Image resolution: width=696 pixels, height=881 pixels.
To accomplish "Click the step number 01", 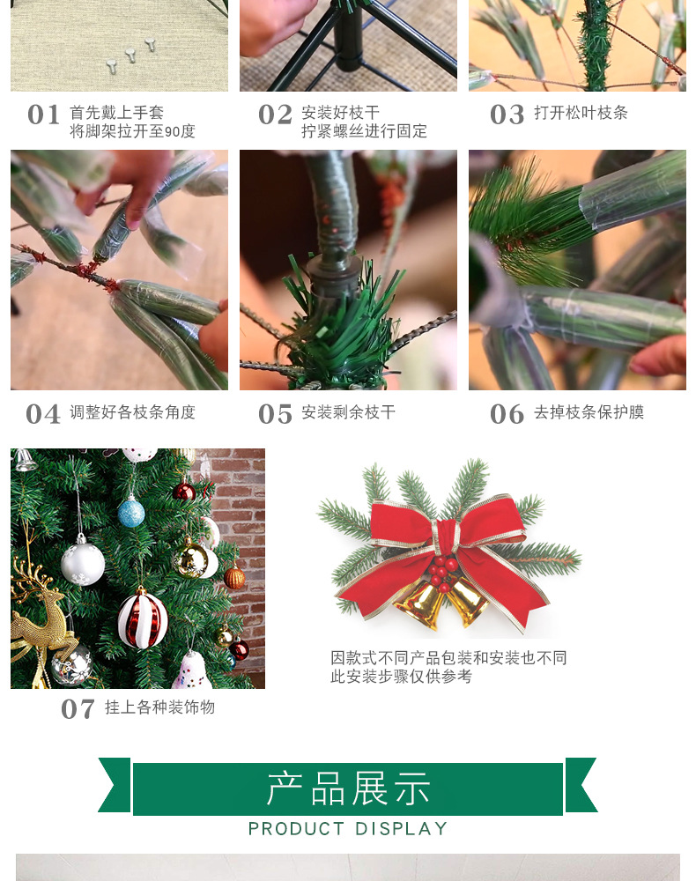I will (x=43, y=115).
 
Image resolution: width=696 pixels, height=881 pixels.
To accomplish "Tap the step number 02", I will (x=275, y=115).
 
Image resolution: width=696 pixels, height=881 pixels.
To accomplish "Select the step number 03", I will (x=507, y=115).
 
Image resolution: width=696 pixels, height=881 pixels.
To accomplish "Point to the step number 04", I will (x=43, y=414).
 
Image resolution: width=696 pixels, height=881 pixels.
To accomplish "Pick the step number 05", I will (x=275, y=414).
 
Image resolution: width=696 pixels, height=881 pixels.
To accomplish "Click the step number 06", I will (x=507, y=414).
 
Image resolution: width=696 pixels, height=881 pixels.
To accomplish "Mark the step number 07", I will (x=78, y=709).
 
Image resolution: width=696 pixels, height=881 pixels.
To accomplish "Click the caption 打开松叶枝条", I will (x=581, y=113).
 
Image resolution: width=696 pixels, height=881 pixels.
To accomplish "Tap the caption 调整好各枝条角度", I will (x=132, y=412).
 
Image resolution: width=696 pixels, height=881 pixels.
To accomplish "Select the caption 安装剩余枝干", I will (x=348, y=412).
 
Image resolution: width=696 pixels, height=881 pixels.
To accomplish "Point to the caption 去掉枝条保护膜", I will (x=589, y=412).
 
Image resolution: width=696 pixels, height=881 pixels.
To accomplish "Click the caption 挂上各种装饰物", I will (x=159, y=707).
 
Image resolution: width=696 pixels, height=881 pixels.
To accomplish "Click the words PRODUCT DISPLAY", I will (x=348, y=829).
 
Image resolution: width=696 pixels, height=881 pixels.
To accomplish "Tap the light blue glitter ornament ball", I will (x=131, y=512).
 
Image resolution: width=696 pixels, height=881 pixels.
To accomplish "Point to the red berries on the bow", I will (x=443, y=568).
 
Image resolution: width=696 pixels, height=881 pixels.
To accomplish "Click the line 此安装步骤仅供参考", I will (x=401, y=677).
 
